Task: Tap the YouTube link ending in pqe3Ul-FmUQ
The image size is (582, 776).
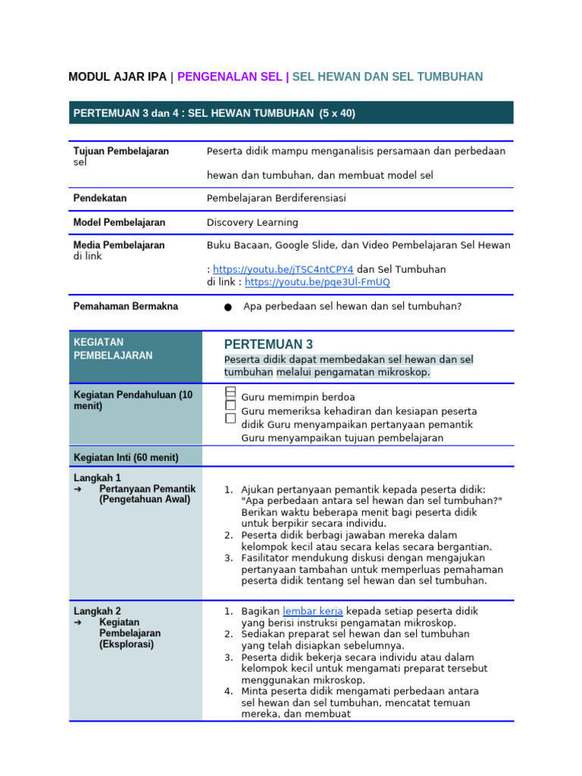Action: point(318,282)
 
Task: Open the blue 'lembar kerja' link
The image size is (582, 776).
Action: point(312,611)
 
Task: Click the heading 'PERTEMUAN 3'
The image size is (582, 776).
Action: point(268,344)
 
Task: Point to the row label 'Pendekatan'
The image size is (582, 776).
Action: point(100,198)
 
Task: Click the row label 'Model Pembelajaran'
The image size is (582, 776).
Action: point(119,222)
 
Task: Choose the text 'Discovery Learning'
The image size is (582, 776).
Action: point(252,222)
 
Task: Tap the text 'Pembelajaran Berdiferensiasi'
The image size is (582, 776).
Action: point(276,198)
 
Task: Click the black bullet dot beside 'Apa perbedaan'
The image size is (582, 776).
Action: point(228,307)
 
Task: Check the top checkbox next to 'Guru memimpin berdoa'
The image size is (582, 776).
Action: point(230,392)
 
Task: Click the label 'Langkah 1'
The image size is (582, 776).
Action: point(97,478)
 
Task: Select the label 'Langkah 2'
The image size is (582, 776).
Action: point(97,611)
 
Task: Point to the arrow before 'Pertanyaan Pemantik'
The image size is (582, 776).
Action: point(78,489)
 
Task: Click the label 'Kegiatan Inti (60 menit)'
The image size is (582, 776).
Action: point(126,457)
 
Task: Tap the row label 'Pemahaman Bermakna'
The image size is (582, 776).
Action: point(126,306)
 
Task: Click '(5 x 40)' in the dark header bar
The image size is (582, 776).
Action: point(336,113)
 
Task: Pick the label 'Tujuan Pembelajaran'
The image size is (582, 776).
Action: point(121,151)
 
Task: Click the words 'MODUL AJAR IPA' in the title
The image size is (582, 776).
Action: point(117,77)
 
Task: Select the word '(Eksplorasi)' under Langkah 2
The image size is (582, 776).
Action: point(127,644)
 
